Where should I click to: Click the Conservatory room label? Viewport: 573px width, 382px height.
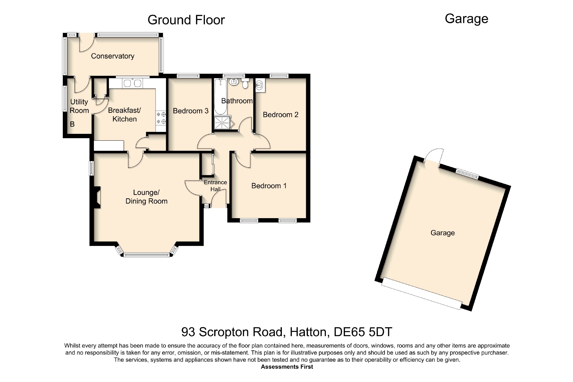tap(113, 56)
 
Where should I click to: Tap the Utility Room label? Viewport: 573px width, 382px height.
tap(79, 106)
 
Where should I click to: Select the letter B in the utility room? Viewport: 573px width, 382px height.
tap(72, 124)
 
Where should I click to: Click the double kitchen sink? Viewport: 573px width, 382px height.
tap(132, 83)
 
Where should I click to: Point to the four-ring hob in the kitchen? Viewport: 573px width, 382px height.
tap(161, 118)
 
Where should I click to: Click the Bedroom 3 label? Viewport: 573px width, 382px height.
tap(191, 111)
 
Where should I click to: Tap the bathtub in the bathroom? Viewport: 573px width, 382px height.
tap(220, 96)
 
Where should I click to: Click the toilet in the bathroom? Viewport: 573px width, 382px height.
tap(245, 83)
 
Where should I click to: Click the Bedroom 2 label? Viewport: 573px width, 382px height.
tap(281, 115)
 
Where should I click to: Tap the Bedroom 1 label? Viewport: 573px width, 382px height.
tap(269, 186)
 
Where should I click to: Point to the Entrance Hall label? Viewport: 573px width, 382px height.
tap(215, 186)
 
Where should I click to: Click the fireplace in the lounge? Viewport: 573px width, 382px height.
tap(97, 197)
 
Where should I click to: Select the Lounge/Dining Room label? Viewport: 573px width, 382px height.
tap(146, 197)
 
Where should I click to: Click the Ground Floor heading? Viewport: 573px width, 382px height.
tap(186, 20)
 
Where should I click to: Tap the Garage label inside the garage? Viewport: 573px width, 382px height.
tap(443, 233)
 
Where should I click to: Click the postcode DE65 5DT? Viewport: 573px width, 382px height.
tap(363, 332)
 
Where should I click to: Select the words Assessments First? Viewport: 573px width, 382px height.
tap(287, 367)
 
